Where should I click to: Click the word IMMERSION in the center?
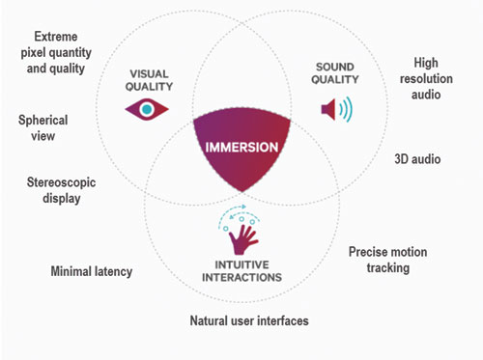click(x=241, y=148)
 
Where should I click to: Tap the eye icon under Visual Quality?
click(x=147, y=109)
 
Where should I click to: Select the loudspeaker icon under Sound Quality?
click(x=337, y=109)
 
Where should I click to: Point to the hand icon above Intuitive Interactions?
click(x=242, y=239)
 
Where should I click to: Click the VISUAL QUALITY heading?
click(x=149, y=80)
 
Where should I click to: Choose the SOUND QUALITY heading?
click(x=335, y=73)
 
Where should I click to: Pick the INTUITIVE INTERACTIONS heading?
click(x=241, y=271)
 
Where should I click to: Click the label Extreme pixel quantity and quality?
click(x=56, y=52)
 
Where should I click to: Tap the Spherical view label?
click(x=43, y=127)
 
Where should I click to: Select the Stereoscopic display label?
click(x=61, y=190)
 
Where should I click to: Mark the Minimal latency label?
click(x=92, y=271)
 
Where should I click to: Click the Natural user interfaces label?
click(x=249, y=320)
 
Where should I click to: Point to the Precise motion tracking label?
click(x=388, y=260)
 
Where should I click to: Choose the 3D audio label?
click(x=417, y=159)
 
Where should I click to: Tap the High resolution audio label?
click(x=426, y=78)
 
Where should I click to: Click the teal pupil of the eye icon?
click(x=147, y=109)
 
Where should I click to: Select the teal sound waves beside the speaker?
click(x=346, y=109)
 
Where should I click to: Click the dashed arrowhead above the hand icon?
click(x=243, y=207)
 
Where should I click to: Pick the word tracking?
click(x=388, y=267)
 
